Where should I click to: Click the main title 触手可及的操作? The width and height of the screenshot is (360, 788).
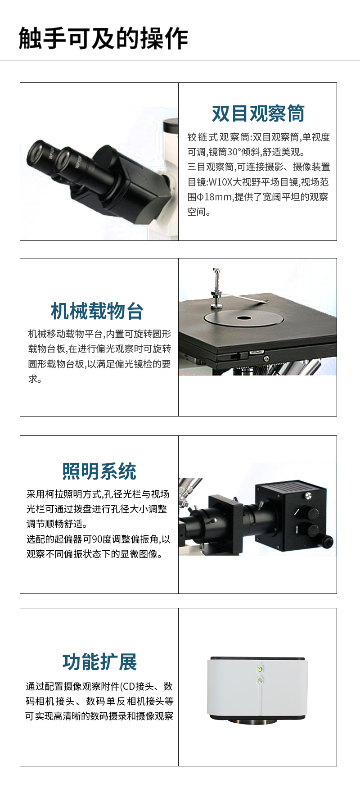103,38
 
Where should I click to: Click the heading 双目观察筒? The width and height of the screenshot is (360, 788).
258,113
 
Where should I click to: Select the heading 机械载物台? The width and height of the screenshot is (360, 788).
97,311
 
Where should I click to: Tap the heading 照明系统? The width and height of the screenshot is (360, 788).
99,471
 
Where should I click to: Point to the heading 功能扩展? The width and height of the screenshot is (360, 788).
99,662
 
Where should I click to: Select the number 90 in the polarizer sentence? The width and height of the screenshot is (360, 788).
97,539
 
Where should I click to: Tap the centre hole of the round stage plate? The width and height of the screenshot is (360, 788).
244,318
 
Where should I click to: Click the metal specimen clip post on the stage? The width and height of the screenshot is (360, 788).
217,288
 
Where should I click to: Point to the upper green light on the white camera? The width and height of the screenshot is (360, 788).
260,670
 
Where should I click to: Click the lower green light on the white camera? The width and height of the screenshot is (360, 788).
260,680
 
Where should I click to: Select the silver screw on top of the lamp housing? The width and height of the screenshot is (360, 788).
308,496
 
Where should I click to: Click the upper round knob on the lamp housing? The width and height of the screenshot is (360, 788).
310,513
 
